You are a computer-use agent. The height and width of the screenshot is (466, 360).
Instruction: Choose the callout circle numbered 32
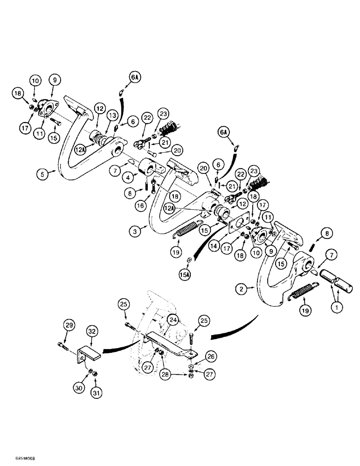[x=91, y=331]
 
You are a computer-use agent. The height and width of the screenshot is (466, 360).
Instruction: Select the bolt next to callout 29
[x=62, y=346]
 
